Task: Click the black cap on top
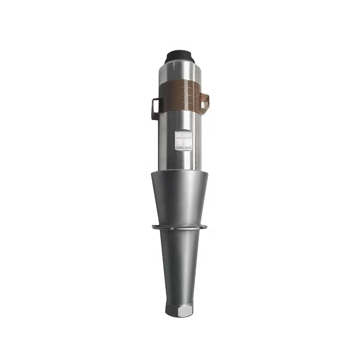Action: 180,55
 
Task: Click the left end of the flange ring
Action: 154,227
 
